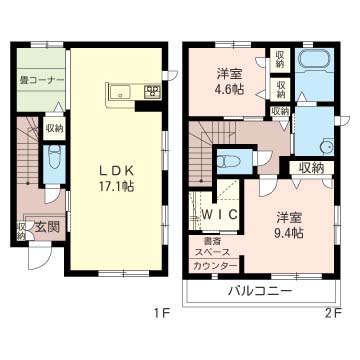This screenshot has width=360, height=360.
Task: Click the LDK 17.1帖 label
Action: [116, 179]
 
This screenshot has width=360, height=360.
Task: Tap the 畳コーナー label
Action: [41, 81]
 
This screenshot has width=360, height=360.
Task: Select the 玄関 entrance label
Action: [47, 227]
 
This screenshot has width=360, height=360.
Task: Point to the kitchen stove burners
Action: [152, 91]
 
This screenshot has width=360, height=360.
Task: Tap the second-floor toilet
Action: [230, 161]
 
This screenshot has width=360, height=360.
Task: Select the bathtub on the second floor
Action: [314, 61]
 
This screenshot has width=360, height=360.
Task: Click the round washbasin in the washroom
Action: [325, 147]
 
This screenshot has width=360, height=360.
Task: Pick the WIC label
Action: [220, 214]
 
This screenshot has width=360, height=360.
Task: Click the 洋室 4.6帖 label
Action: [230, 81]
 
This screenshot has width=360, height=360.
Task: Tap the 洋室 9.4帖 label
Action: [289, 226]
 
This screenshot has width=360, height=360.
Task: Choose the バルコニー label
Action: [259, 291]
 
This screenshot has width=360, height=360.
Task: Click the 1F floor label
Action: [161, 313]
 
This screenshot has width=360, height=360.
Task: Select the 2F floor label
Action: [331, 313]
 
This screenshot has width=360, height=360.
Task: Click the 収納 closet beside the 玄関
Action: [22, 231]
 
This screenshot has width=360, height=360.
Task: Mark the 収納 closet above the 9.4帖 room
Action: [311, 168]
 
